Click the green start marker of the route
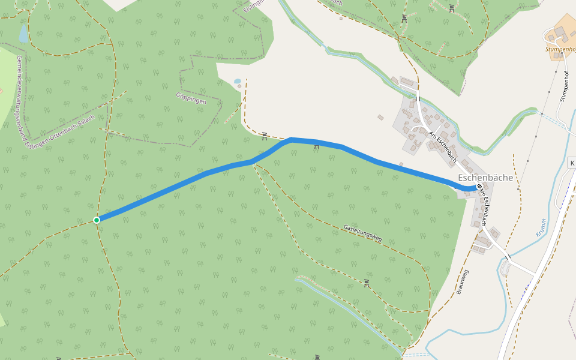tap(97, 220)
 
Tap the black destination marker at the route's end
tap(478, 187)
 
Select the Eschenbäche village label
tap(485, 178)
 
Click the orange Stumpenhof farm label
tap(560, 49)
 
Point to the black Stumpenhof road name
tap(563, 86)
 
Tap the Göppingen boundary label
tap(191, 98)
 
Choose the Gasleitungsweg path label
tap(362, 232)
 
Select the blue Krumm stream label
tap(541, 229)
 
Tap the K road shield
tap(572, 163)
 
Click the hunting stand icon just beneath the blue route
tap(317, 145)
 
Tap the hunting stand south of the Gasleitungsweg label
tap(367, 282)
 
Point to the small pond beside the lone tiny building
tap(237, 81)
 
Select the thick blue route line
tap(180, 185)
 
